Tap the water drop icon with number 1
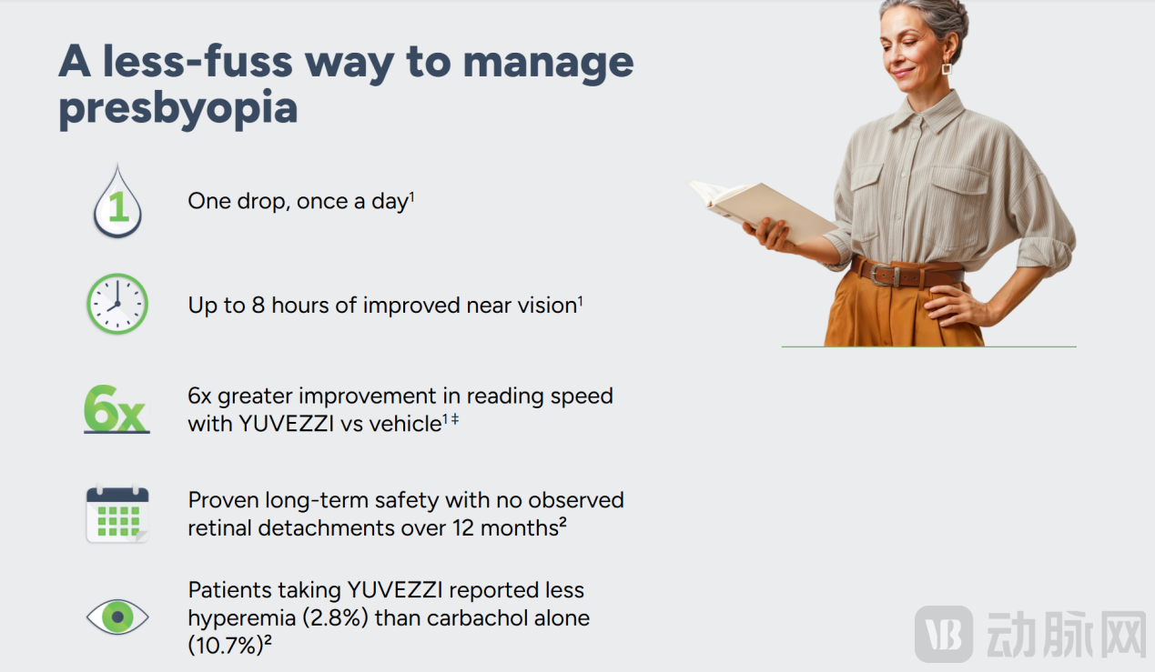tap(117, 202)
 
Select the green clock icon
tap(117, 304)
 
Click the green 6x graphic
tap(117, 409)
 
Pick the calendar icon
tap(117, 514)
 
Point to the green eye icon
tap(117, 617)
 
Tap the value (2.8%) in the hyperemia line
tap(335, 617)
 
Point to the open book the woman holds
tap(761, 210)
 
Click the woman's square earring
tap(947, 68)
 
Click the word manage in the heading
tap(548, 64)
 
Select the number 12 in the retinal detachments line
tap(463, 528)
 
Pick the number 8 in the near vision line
tap(258, 305)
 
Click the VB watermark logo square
tap(944, 634)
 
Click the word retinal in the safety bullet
tap(219, 528)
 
